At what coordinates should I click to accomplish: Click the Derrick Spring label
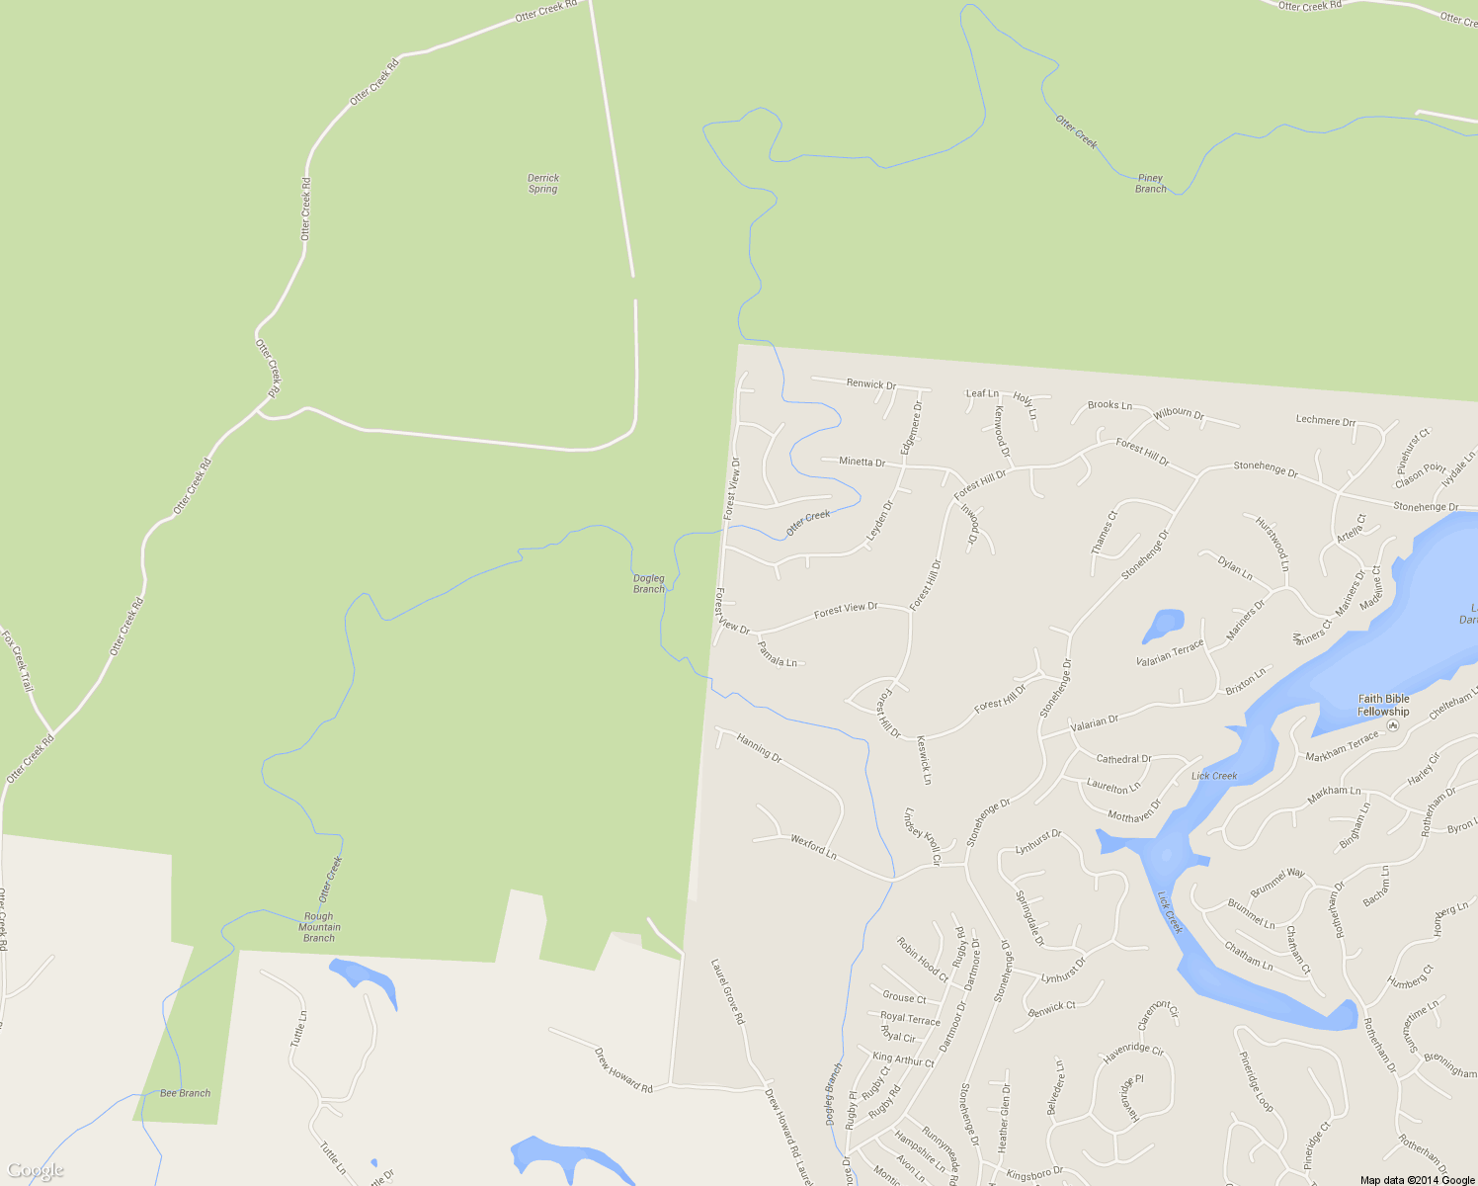pos(542,183)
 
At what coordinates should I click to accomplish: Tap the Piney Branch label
pos(1150,183)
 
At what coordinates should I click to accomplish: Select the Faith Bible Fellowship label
pos(1382,705)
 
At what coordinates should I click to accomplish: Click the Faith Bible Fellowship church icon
pos(1393,725)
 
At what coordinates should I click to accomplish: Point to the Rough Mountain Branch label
pos(319,927)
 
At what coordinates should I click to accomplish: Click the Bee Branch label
pos(185,1093)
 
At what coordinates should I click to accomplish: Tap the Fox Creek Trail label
pos(18,660)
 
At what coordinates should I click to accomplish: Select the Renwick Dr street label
pos(870,384)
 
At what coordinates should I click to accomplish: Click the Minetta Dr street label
pos(862,462)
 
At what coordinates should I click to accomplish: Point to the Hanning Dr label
pos(759,747)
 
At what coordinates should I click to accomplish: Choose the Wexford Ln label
pos(813,846)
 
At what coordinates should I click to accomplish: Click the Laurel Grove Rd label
pos(726,990)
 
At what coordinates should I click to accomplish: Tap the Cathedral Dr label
pos(1123,759)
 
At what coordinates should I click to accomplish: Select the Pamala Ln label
pos(777,653)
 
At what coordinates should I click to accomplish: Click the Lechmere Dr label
pos(1325,420)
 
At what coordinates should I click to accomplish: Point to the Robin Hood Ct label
pos(921,959)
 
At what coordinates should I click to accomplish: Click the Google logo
pos(35,1171)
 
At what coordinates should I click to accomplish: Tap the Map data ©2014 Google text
pos(1416,1180)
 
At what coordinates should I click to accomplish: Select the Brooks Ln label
pos(1108,404)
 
